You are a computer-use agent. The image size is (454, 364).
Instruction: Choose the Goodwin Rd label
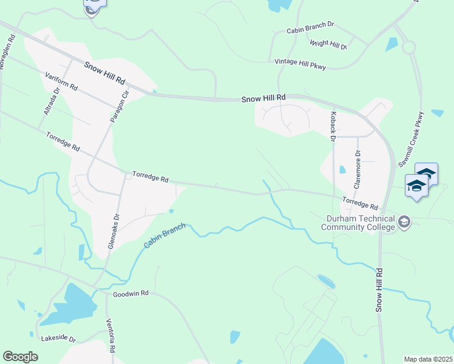(130, 294)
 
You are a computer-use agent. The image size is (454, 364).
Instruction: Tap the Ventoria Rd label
(110, 335)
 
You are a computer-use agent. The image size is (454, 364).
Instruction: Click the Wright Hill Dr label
(328, 44)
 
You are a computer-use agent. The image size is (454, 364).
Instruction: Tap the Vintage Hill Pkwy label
(300, 62)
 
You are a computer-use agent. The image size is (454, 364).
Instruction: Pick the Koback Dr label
(333, 127)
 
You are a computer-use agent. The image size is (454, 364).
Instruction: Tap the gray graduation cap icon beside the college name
(404, 223)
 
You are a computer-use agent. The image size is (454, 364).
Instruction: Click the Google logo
(20, 357)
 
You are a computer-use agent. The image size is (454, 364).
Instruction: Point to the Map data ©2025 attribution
(428, 359)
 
